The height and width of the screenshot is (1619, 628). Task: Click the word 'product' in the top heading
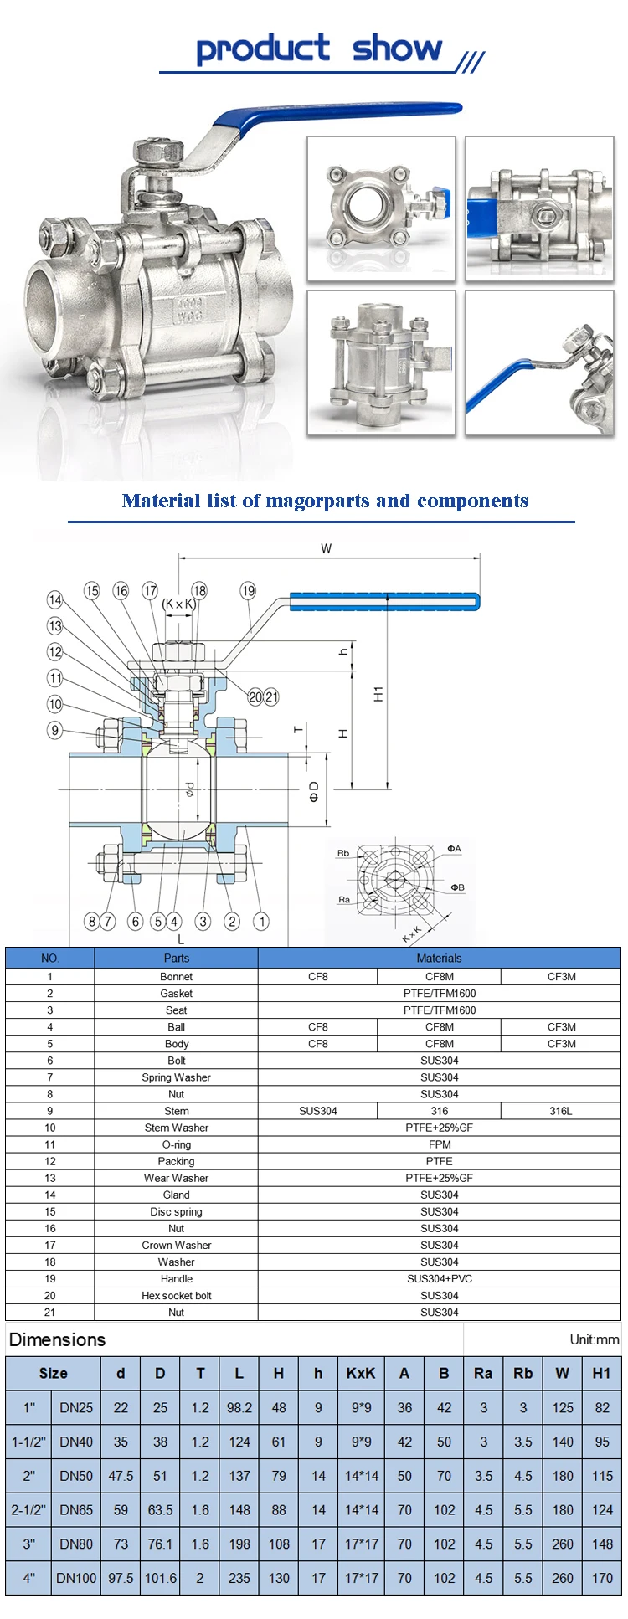click(262, 49)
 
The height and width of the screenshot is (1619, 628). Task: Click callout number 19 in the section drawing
click(248, 591)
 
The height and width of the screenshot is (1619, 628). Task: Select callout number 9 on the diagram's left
click(55, 730)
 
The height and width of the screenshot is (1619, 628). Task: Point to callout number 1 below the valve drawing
click(261, 922)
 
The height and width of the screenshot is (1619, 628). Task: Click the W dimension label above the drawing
click(327, 549)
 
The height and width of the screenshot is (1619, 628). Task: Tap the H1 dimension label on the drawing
click(378, 693)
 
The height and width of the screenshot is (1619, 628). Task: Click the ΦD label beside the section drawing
click(314, 791)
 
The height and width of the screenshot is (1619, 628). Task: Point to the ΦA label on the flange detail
click(454, 849)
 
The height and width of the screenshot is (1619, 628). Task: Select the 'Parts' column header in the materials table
click(176, 958)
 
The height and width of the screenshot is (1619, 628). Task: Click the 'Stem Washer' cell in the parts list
click(176, 1128)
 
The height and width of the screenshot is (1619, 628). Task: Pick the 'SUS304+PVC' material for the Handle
click(439, 1278)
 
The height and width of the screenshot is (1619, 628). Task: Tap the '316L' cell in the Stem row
click(561, 1111)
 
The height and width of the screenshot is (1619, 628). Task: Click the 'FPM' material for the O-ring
click(439, 1144)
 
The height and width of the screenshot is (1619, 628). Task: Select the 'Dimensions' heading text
click(57, 1340)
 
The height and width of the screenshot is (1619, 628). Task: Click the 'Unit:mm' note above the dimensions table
click(594, 1340)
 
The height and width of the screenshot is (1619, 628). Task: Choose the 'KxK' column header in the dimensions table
click(361, 1374)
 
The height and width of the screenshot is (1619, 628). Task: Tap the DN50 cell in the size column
click(76, 1476)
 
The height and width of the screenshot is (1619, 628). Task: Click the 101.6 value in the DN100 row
click(161, 1578)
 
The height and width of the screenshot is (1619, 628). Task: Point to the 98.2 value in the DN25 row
click(239, 1408)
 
